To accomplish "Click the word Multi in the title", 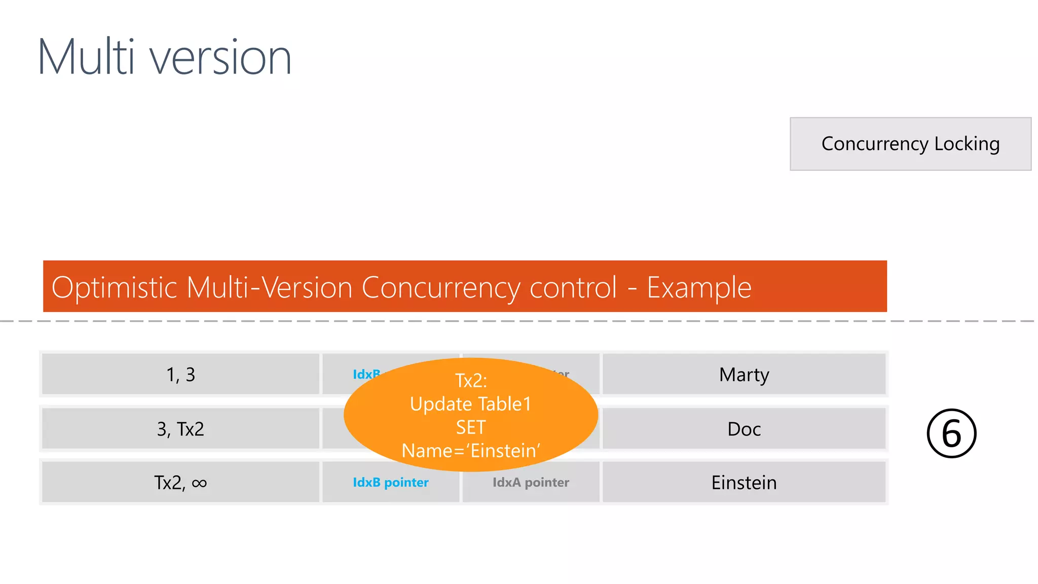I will click(x=86, y=57).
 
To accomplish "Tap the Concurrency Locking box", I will click(x=910, y=144).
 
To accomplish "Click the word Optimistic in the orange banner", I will click(x=114, y=287).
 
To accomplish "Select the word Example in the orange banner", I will click(x=699, y=287).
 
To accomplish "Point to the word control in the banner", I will click(x=573, y=287).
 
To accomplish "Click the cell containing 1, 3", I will click(x=180, y=375).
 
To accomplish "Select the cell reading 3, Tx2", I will click(x=180, y=429).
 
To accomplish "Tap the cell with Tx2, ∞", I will click(x=180, y=482).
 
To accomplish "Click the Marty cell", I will click(x=744, y=375).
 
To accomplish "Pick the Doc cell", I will click(x=744, y=429).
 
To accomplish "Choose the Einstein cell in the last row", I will click(x=744, y=482).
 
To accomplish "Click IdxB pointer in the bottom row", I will click(x=391, y=482).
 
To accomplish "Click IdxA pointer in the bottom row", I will click(x=531, y=482).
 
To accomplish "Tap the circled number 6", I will click(x=951, y=433).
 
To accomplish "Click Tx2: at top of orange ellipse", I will click(x=471, y=380).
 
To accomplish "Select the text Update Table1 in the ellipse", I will click(x=471, y=404).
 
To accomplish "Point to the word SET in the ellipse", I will click(x=471, y=427).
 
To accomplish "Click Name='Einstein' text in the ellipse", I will click(x=471, y=451).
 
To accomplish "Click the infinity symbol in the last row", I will click(x=199, y=483).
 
